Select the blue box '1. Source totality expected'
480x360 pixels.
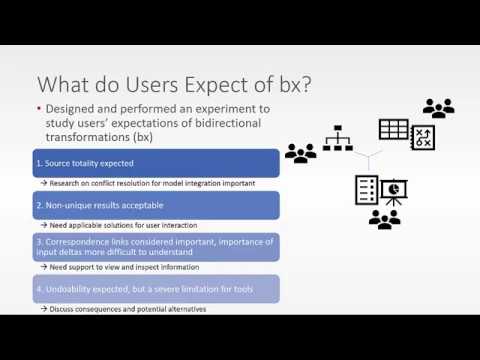[155, 163]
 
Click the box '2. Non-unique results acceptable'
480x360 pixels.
[155, 205]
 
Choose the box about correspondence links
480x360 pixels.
[155, 246]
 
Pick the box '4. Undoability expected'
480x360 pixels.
[155, 288]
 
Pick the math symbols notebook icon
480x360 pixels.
[422, 137]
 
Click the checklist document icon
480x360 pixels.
[366, 189]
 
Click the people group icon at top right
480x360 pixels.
[438, 107]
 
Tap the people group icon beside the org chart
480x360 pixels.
[300, 153]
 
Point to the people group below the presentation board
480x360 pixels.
[384, 219]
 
